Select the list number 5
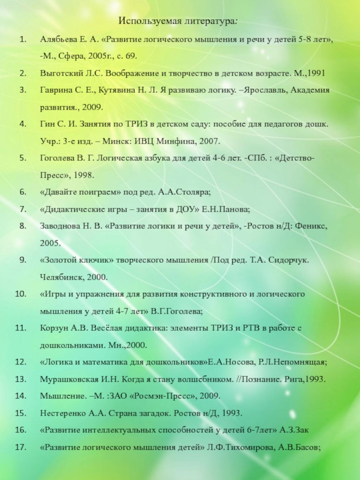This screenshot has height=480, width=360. pos(22,158)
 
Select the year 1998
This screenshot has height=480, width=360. pos(82,175)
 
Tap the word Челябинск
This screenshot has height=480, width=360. pos(60,277)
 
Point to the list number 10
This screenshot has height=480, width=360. pos(21,294)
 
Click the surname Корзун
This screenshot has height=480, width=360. pos(54,328)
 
